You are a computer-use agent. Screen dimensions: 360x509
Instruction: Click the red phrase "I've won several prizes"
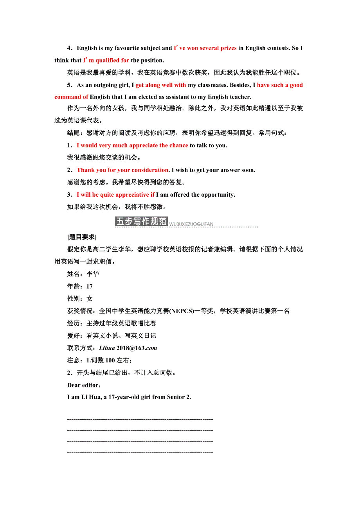point(205,48)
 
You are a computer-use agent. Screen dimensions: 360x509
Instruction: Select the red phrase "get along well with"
point(161,85)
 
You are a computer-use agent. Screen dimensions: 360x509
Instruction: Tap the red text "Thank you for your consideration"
point(122,170)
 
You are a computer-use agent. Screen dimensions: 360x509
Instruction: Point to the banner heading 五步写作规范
point(141,222)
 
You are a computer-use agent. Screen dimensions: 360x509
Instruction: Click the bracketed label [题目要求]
point(82,237)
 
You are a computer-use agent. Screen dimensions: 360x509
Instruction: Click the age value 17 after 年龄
point(90,287)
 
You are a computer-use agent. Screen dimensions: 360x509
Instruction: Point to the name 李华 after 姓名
point(93,274)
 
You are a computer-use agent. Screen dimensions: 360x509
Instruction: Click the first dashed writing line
point(140,419)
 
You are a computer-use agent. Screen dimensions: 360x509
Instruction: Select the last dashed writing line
point(140,452)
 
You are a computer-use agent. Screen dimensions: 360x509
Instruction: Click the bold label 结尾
point(74,133)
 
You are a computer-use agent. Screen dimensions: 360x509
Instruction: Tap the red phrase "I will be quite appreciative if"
point(115,195)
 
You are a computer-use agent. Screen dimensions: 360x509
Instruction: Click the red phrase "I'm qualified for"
point(106,60)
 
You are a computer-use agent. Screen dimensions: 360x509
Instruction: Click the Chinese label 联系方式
point(80,348)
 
